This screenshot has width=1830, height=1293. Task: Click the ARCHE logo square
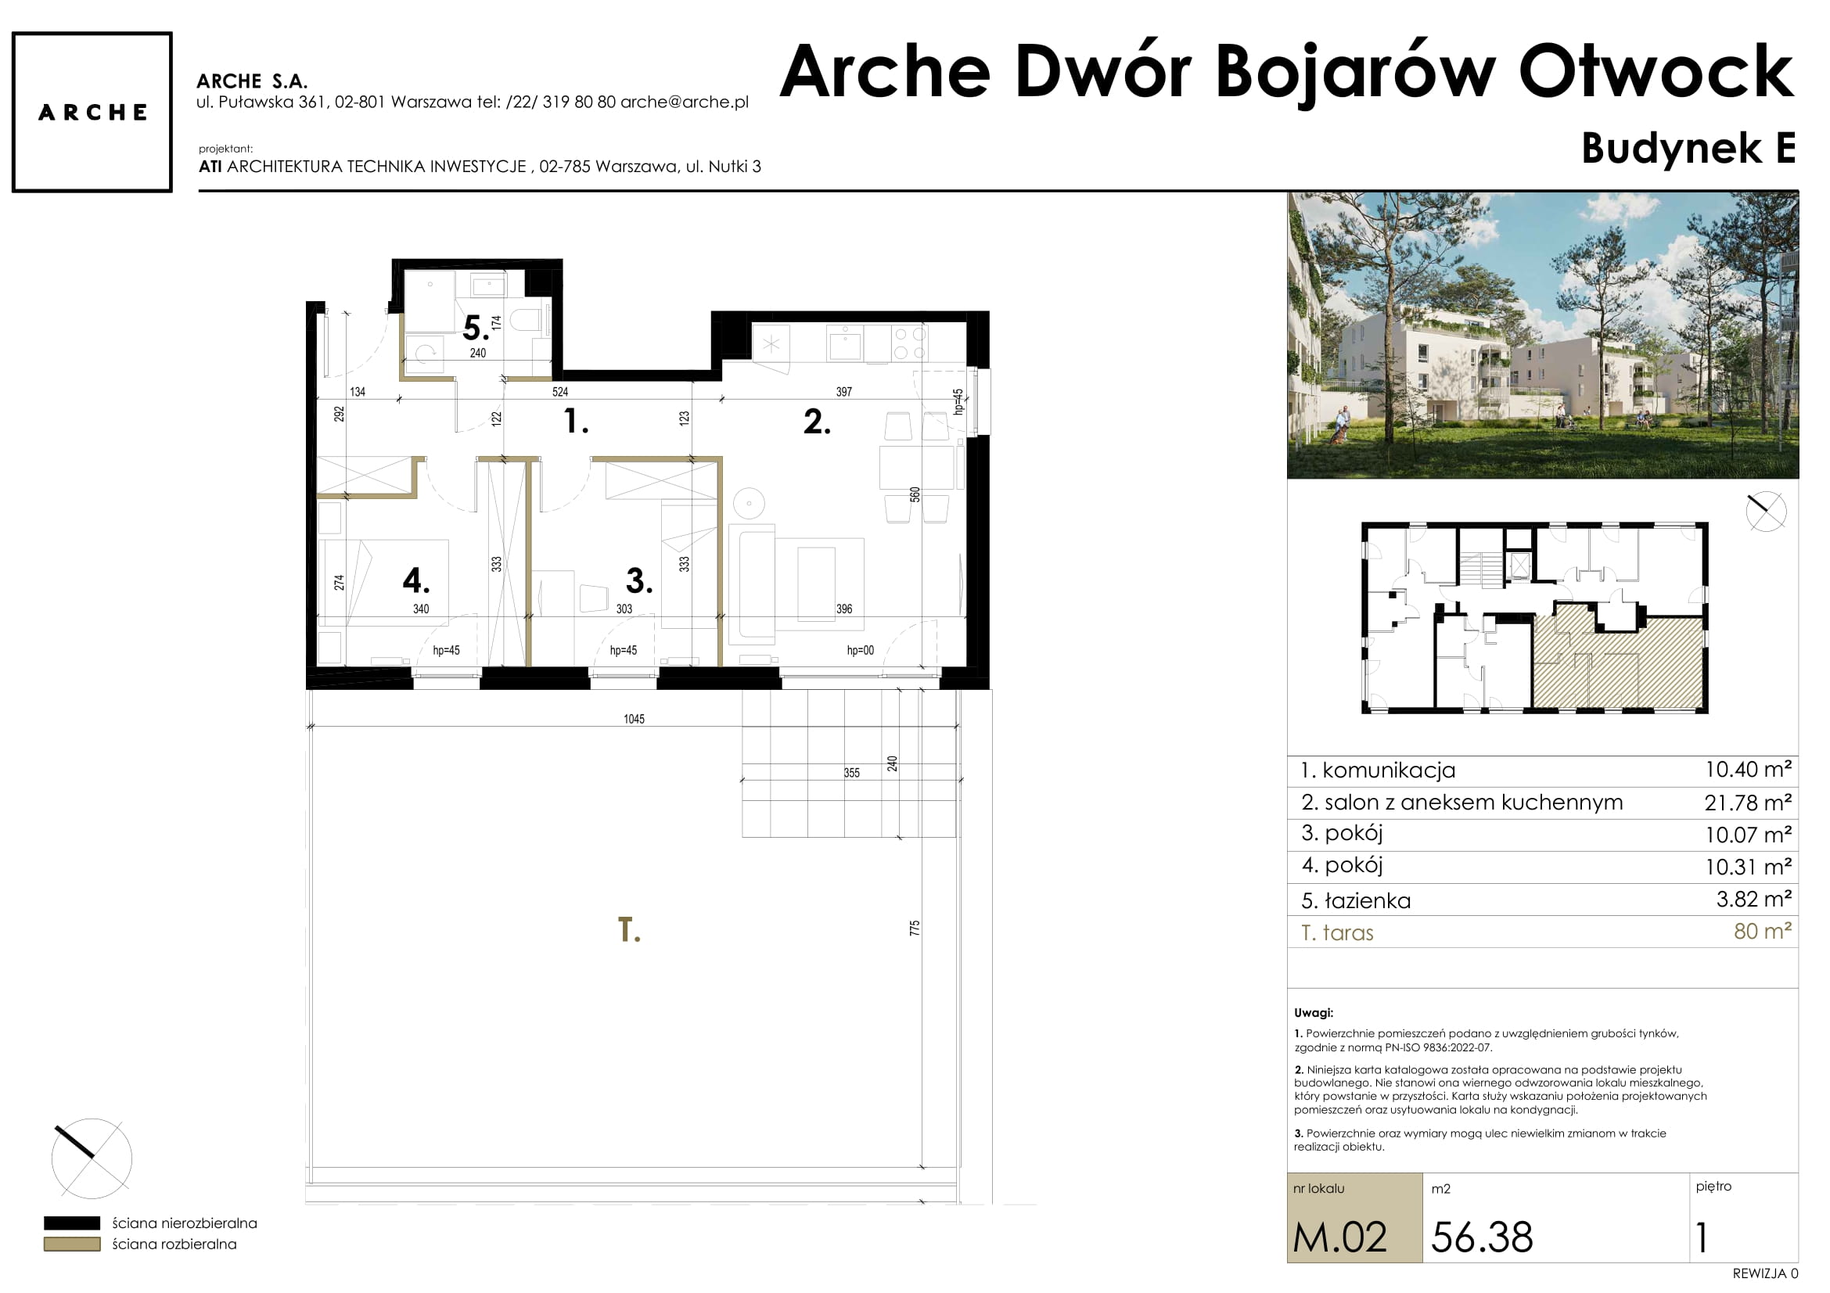click(x=92, y=113)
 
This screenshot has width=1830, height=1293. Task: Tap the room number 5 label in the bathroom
click(x=476, y=328)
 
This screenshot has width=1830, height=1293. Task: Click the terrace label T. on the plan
click(x=629, y=930)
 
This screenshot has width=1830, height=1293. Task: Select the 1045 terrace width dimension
click(x=634, y=719)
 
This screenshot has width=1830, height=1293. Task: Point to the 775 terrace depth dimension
click(x=914, y=928)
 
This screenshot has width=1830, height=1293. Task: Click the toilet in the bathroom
click(x=526, y=320)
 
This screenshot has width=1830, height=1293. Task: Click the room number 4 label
click(x=416, y=580)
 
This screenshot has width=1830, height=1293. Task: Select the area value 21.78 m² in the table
click(x=1748, y=803)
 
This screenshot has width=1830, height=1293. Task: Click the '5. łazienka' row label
click(x=1356, y=900)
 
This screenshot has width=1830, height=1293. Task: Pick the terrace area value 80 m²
click(x=1763, y=931)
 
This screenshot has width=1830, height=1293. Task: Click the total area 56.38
click(x=1482, y=1237)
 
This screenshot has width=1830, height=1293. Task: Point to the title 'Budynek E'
click(x=1688, y=148)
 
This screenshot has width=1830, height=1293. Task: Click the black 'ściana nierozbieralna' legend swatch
click(x=72, y=1223)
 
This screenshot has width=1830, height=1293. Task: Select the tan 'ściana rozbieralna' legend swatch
click(x=72, y=1244)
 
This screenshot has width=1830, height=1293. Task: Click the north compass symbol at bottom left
click(x=92, y=1158)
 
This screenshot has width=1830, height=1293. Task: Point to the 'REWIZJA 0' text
click(x=1765, y=1274)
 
